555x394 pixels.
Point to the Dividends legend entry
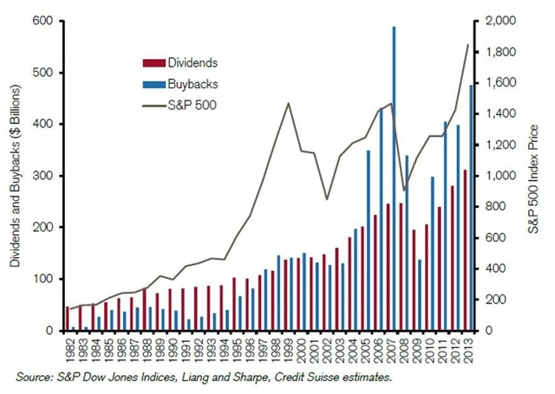pyautogui.click(x=179, y=62)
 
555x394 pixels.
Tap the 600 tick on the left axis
pyautogui.click(x=40, y=21)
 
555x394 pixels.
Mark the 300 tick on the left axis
pyautogui.click(x=40, y=176)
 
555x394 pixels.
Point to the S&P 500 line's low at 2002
pyautogui.click(x=328, y=199)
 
